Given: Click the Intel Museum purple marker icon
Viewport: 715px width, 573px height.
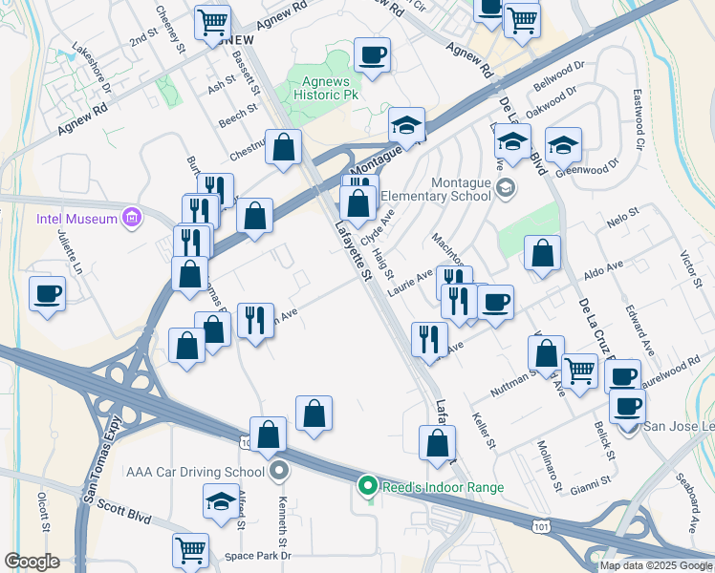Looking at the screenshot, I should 132,219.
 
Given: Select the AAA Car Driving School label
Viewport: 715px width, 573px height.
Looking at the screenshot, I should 195,471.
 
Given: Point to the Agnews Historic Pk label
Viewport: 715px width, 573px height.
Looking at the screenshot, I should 326,89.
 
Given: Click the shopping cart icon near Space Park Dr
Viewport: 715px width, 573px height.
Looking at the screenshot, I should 190,549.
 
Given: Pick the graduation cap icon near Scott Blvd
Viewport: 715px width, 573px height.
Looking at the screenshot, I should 221,501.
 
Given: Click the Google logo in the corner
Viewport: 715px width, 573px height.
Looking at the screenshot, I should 32,562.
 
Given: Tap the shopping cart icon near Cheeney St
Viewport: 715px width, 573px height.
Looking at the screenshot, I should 212,22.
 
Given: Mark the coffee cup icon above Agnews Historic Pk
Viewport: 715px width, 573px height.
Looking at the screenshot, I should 372,54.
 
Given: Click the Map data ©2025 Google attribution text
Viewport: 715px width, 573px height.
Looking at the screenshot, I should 657,565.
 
